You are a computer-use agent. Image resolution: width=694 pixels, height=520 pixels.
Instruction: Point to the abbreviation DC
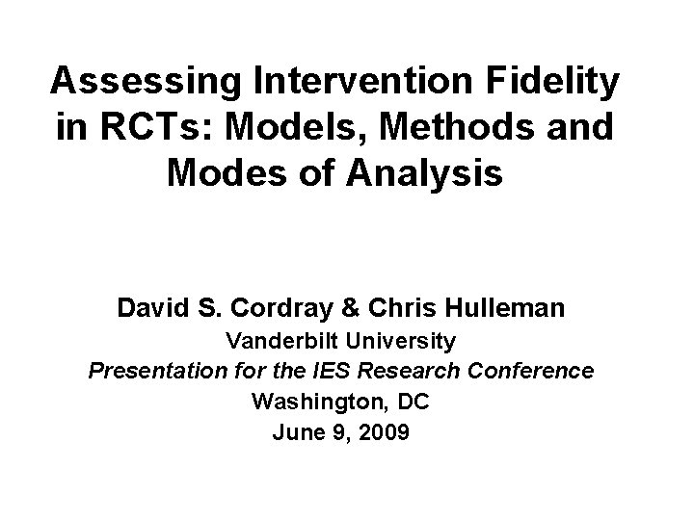[412, 402]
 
